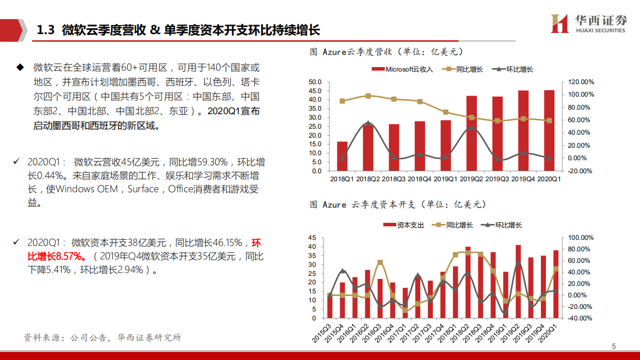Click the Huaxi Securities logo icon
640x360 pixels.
point(560,24)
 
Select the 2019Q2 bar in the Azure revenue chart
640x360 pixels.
point(471,133)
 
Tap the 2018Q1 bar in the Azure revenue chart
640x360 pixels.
point(342,156)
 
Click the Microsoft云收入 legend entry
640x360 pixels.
point(403,69)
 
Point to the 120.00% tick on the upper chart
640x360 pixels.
point(579,82)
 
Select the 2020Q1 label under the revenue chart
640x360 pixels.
point(549,179)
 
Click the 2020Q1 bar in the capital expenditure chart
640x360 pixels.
point(556,284)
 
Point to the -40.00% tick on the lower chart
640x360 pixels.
point(579,318)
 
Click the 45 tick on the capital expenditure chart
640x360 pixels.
point(312,238)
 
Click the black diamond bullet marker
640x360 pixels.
point(20,67)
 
